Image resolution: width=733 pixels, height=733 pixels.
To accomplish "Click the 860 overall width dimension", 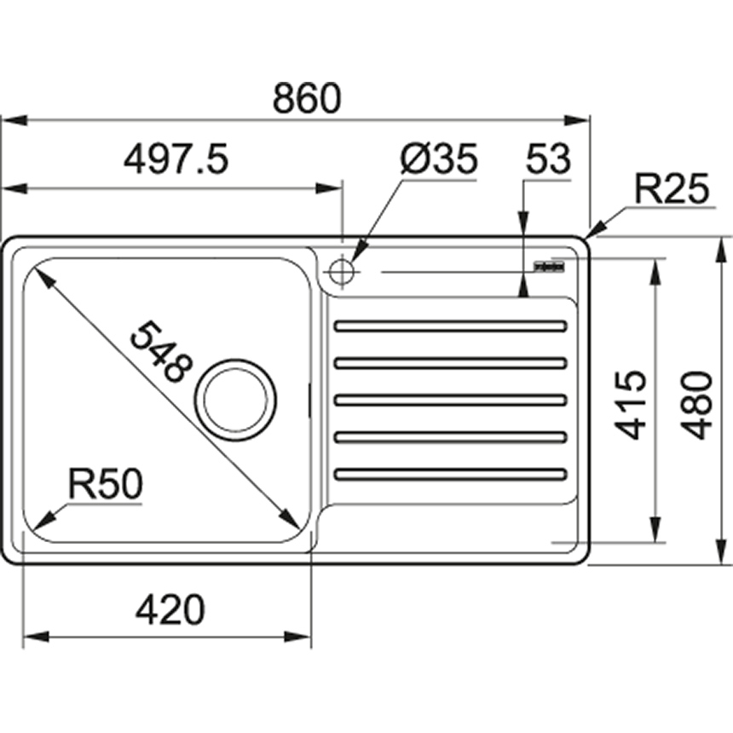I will coord(306,100).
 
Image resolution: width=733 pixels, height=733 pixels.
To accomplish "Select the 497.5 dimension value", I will coord(176,159).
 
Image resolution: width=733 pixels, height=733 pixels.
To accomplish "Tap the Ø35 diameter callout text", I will coord(439,159).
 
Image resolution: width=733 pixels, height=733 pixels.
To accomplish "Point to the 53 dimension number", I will coord(547,159).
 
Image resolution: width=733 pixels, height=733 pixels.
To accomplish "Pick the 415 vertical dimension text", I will coord(632,404).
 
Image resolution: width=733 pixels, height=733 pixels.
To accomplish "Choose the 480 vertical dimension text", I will coord(699,404).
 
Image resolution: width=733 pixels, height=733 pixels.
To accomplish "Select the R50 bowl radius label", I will coord(104,485).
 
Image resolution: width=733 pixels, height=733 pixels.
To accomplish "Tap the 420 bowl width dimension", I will coord(170,610).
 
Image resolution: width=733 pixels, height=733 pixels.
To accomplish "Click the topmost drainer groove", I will coord(451,326).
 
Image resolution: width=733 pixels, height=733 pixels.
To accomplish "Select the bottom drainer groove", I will coord(451,474).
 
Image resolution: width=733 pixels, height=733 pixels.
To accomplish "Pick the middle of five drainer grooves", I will coord(451,400).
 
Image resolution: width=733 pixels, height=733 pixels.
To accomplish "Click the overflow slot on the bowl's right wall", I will coord(308,401).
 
